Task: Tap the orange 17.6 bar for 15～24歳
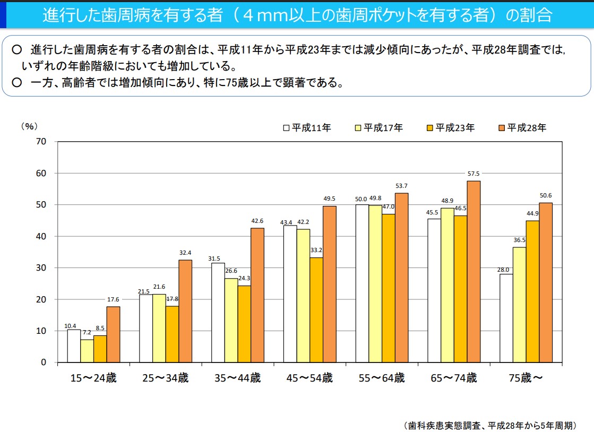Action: [x=113, y=334]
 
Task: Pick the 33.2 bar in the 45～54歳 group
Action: [x=316, y=310]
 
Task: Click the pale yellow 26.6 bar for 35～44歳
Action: [x=231, y=321]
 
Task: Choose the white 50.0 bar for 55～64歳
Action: [x=362, y=283]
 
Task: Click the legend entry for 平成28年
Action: [x=522, y=127]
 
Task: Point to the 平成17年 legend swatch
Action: [x=358, y=127]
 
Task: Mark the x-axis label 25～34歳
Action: [x=165, y=378]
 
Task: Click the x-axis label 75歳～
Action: [x=526, y=378]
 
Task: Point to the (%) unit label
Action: [x=29, y=126]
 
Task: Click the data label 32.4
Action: [x=185, y=253]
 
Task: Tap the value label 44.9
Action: [x=532, y=213]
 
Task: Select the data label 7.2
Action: [x=87, y=333]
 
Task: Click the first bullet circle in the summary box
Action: [x=16, y=49]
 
